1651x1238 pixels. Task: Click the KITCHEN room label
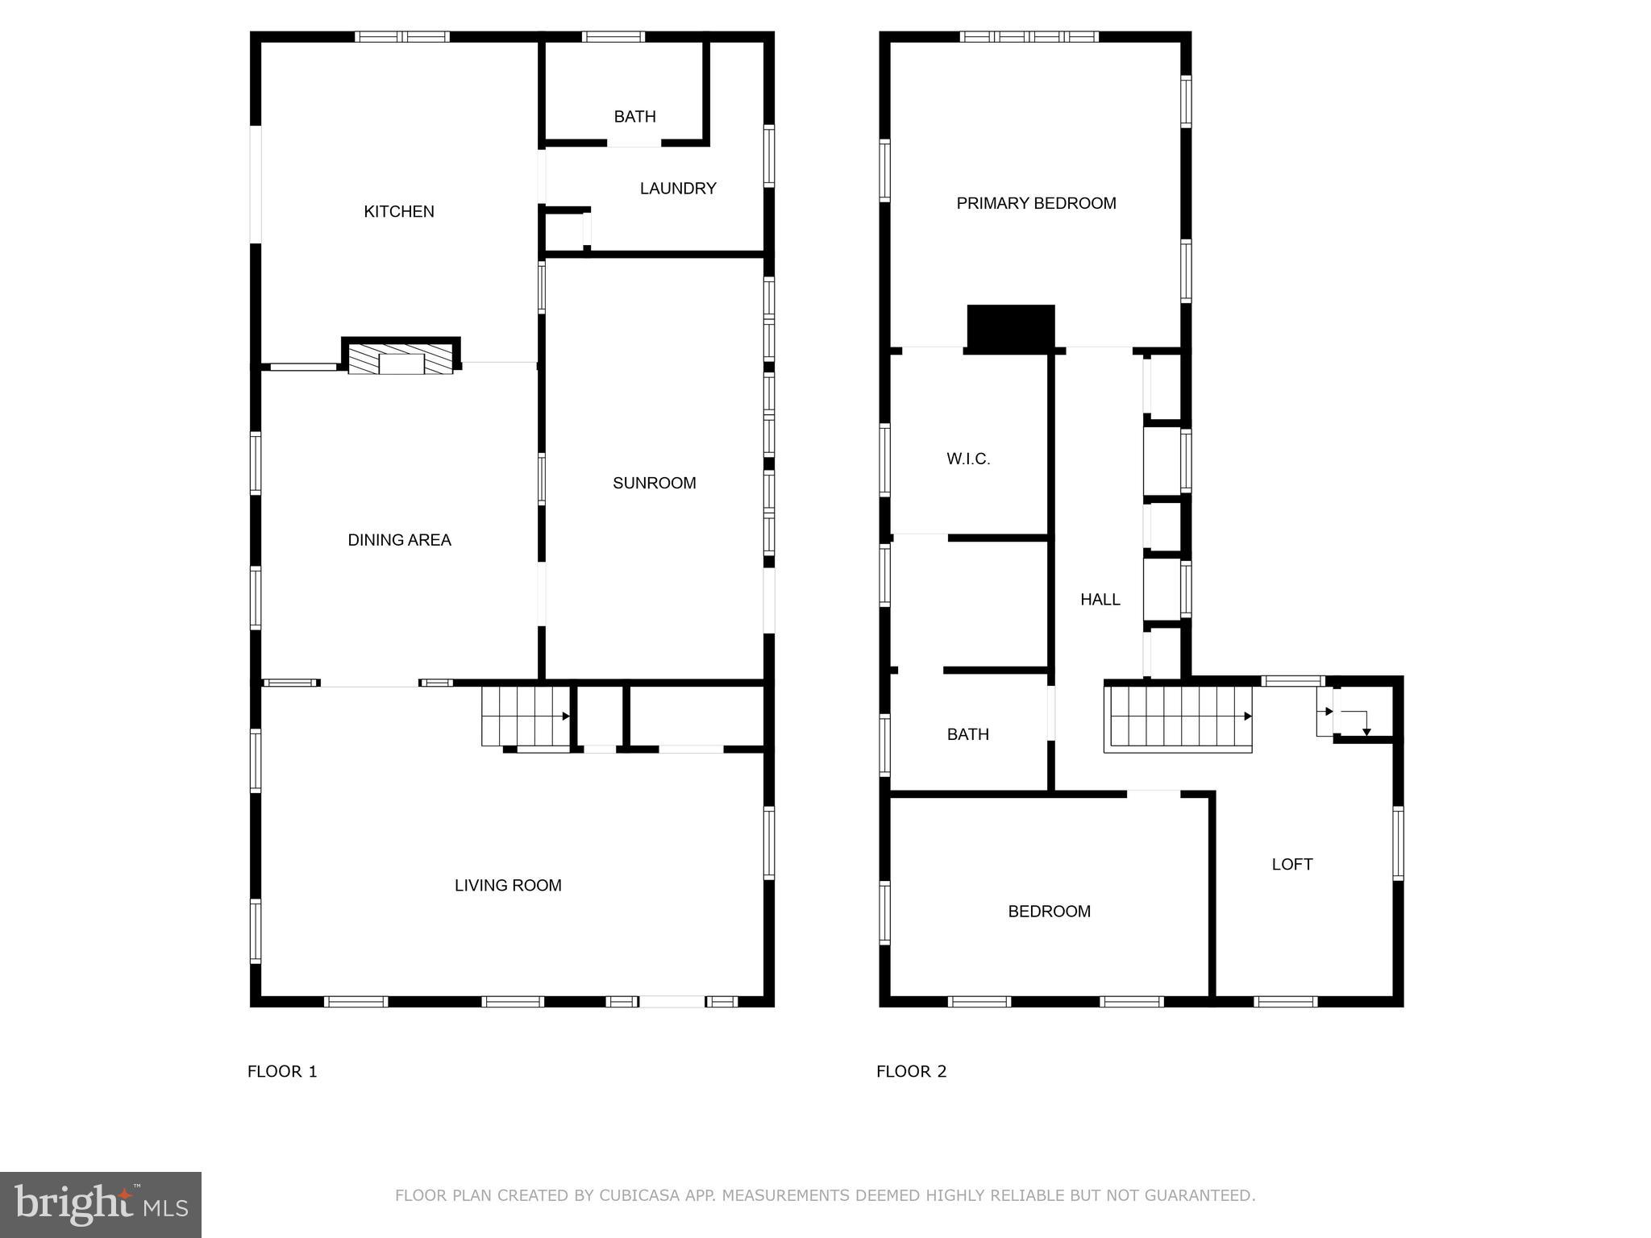coord(399,212)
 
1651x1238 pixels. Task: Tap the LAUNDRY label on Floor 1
coord(678,189)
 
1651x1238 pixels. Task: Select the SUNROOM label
coord(654,484)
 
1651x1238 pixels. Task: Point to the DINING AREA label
coord(399,540)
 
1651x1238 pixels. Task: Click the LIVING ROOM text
coord(508,886)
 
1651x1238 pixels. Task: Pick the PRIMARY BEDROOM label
coord(1036,204)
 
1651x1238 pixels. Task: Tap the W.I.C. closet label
coord(968,459)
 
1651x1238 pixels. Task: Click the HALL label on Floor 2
coord(1100,600)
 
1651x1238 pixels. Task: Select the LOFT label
coord(1291,865)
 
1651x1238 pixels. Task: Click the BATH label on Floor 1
coord(634,117)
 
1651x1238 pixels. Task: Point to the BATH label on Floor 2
coord(967,734)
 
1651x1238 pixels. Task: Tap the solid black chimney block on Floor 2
coord(1011,328)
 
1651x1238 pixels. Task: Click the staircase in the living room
coord(524,716)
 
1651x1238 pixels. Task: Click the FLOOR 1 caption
coord(282,1071)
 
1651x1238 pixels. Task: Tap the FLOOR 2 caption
coord(911,1071)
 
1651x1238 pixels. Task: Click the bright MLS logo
coord(101,1205)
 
